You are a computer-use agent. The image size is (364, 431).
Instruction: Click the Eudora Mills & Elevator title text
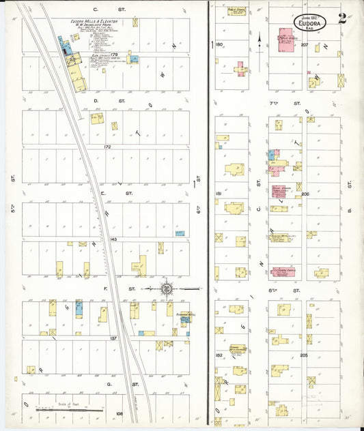point(97,22)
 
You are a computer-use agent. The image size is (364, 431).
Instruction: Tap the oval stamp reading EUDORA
point(310,24)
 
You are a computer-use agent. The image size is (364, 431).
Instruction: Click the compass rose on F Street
point(165,289)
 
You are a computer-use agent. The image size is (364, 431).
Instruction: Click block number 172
point(107,147)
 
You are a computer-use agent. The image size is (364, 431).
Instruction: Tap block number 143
point(113,239)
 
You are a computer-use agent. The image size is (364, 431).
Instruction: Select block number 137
point(113,338)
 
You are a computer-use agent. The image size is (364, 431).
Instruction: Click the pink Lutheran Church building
point(282,272)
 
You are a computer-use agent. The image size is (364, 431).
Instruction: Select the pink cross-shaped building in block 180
point(240,69)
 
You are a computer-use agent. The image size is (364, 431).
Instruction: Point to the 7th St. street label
point(296,103)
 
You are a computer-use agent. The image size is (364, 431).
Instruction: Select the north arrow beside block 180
point(260,43)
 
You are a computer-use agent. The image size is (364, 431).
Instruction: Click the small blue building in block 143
point(180,233)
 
